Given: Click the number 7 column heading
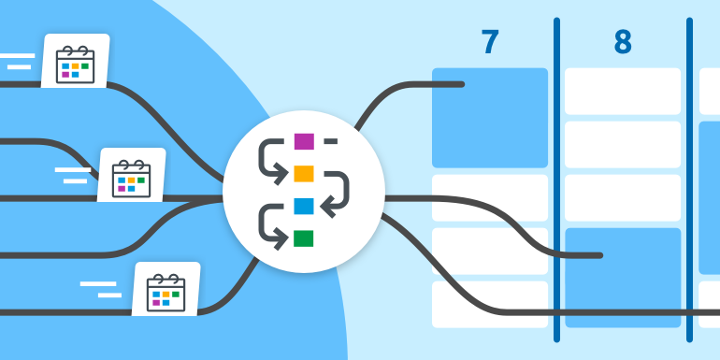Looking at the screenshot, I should tap(490, 43).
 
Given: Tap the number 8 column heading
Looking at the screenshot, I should tap(623, 43).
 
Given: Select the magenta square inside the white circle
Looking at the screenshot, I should tap(304, 142).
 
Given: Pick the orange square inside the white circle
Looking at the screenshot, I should tap(304, 173).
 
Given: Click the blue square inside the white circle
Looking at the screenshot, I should tap(304, 206).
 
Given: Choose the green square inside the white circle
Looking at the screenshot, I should tap(304, 238).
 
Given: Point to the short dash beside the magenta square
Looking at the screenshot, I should tap(330, 142).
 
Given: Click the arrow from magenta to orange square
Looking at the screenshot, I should tap(271, 159).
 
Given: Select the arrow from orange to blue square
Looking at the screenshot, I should tap(338, 191).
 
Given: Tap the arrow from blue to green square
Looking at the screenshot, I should tap(271, 223).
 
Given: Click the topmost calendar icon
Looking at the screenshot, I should tap(75, 62).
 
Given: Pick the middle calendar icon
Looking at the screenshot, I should tap(131, 175).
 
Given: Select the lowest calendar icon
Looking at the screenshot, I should tap(166, 289).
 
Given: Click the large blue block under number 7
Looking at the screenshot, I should tap(490, 117).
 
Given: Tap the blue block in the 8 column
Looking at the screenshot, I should tap(623, 277).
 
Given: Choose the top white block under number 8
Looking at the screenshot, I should tap(623, 91).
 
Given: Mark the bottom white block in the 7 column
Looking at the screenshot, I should tap(490, 304).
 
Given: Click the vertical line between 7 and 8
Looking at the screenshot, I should tap(556, 187).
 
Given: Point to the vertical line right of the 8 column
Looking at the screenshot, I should tap(690, 187).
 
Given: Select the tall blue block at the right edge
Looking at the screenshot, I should tap(710, 196).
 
